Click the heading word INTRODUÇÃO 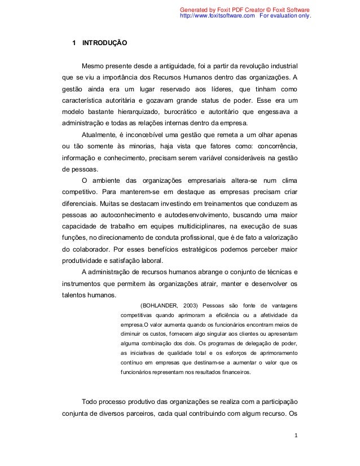[104, 43]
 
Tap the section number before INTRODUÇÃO [72, 43]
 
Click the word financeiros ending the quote [236, 372]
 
